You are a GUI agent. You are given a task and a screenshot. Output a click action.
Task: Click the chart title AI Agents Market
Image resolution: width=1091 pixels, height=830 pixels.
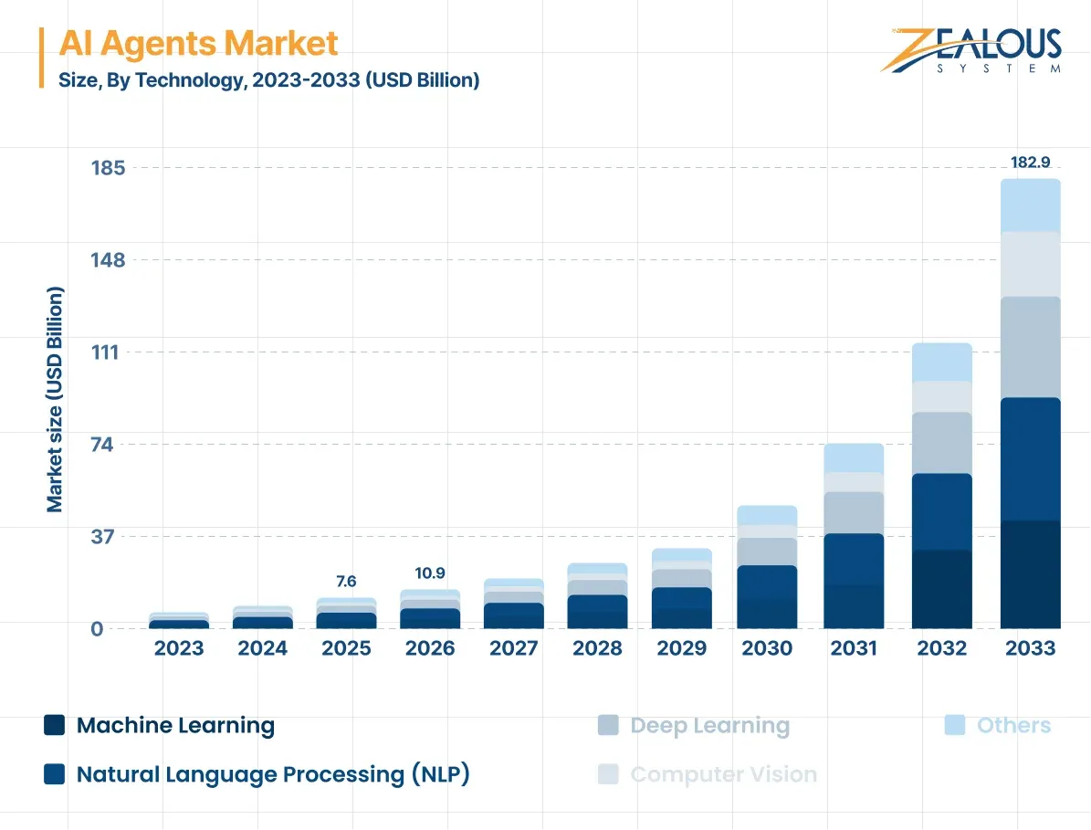pyautogui.click(x=198, y=43)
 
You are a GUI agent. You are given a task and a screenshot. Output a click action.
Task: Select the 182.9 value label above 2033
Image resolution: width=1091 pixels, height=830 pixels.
pyautogui.click(x=1030, y=163)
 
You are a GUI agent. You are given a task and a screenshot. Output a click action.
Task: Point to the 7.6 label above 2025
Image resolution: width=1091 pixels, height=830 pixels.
pyautogui.click(x=346, y=582)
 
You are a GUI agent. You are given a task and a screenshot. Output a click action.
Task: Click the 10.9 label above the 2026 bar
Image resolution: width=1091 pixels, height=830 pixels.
pyautogui.click(x=429, y=573)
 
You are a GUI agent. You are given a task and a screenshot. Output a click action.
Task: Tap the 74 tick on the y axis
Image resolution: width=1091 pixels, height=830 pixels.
pyautogui.click(x=114, y=445)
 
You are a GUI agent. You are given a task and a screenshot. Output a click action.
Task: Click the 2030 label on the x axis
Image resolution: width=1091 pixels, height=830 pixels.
pyautogui.click(x=767, y=648)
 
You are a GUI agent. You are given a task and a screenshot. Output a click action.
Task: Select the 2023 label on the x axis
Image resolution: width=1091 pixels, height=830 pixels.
pyautogui.click(x=178, y=648)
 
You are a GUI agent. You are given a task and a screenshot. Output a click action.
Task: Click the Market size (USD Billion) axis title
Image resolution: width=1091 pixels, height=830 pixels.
pyautogui.click(x=55, y=399)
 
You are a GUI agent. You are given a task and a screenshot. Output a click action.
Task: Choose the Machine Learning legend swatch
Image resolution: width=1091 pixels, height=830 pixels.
pyautogui.click(x=55, y=726)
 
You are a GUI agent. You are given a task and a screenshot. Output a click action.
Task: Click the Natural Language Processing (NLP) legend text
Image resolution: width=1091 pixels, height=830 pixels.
pyautogui.click(x=272, y=774)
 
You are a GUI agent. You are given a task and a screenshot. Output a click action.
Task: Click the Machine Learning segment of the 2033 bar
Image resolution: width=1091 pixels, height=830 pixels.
pyautogui.click(x=1030, y=574)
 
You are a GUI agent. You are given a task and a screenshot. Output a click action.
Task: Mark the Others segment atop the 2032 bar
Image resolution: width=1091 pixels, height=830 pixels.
pyautogui.click(x=941, y=362)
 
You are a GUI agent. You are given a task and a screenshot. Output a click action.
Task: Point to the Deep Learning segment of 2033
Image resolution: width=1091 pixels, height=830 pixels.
pyautogui.click(x=1030, y=347)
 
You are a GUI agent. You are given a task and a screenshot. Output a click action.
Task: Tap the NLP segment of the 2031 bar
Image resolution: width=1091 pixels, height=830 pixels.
pyautogui.click(x=853, y=559)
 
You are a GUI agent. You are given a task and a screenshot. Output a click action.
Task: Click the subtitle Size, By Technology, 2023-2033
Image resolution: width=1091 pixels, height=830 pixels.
pyautogui.click(x=269, y=80)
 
